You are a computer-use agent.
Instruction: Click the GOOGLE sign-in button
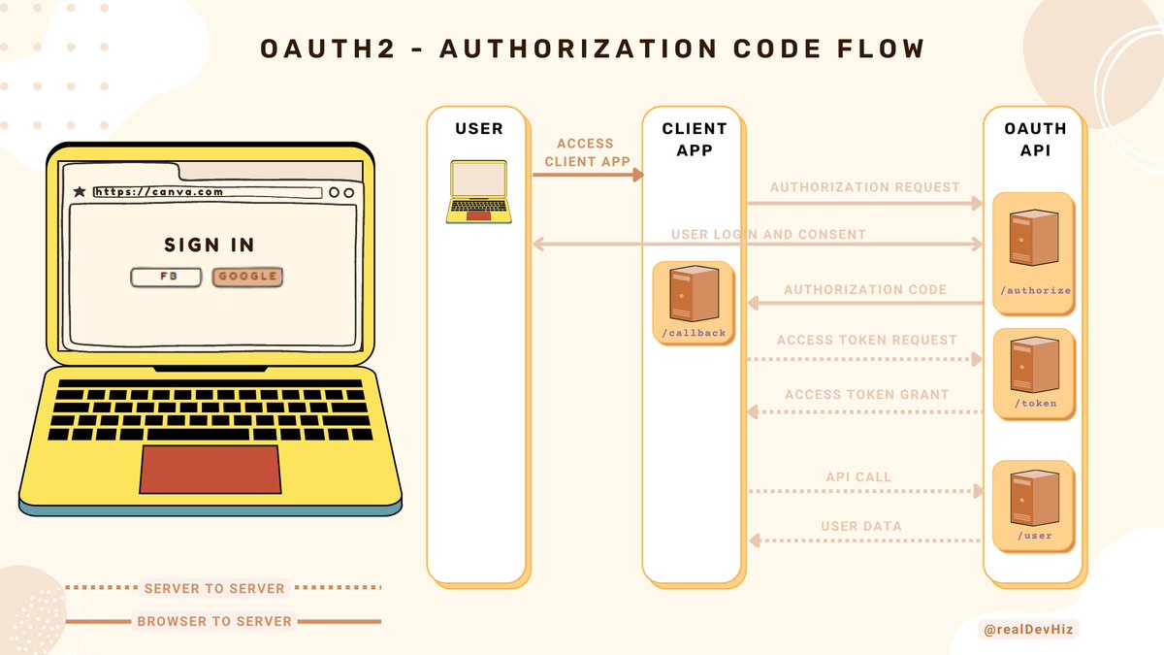tap(247, 277)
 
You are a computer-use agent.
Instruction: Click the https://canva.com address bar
tap(207, 192)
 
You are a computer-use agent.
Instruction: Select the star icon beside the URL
tap(80, 192)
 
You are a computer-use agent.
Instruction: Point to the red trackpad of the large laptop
tap(210, 470)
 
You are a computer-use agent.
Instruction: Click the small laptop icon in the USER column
tap(478, 190)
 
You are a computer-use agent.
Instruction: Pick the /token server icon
tap(1032, 366)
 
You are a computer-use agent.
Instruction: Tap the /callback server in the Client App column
tap(693, 295)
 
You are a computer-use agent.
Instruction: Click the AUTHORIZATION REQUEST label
tap(865, 187)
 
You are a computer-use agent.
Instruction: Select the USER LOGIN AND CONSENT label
tap(768, 235)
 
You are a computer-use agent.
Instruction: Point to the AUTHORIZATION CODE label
tap(865, 289)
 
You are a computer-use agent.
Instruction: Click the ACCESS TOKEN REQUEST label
tap(866, 341)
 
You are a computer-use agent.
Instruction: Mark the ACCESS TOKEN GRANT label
tap(866, 395)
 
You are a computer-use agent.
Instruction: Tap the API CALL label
tap(858, 477)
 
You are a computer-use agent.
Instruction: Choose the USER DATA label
tap(861, 527)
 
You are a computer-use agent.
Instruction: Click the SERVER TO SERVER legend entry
tap(214, 588)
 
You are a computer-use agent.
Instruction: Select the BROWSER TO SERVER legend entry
tap(214, 621)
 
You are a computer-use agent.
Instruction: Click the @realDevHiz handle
tap(1029, 630)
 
